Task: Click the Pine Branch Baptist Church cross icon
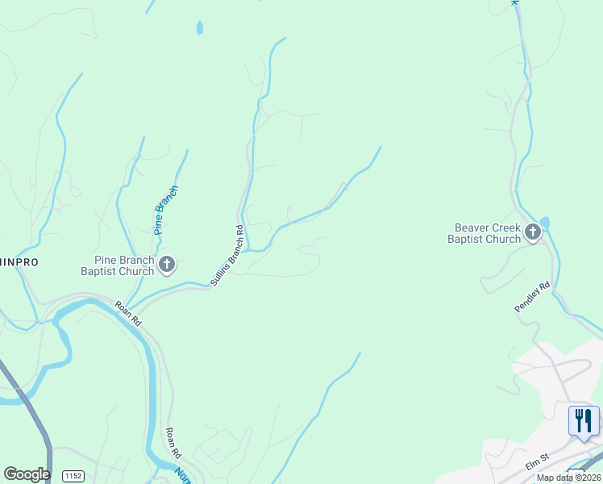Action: click(x=167, y=264)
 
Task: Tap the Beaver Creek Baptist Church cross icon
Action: click(x=532, y=232)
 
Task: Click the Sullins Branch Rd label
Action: click(x=227, y=255)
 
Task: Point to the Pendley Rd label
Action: click(x=532, y=297)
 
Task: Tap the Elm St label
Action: click(x=536, y=458)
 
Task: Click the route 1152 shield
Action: click(x=73, y=475)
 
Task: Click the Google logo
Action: click(x=27, y=474)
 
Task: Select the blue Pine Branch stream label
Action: click(x=166, y=210)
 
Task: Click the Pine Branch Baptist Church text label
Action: click(x=123, y=265)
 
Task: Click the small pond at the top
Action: click(x=199, y=28)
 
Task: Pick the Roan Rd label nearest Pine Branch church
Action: click(x=129, y=313)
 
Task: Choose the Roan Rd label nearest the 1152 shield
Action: click(x=173, y=443)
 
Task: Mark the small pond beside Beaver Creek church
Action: click(x=545, y=222)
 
